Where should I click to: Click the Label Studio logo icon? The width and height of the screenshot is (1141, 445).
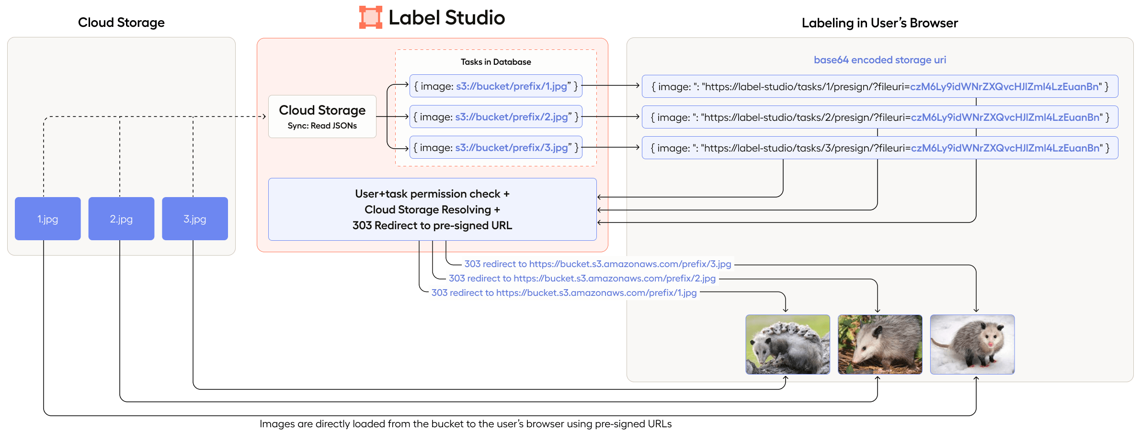coord(371,17)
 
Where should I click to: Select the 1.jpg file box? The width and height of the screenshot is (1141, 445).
coord(48,219)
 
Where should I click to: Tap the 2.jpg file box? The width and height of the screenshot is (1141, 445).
coord(121,219)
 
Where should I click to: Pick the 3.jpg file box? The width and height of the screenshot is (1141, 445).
coord(195,219)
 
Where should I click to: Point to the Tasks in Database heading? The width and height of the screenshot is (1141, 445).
coord(496,62)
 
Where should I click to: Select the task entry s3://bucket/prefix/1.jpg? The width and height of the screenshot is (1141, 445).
coord(496,86)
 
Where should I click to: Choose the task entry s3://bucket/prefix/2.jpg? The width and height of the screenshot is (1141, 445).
coord(496,117)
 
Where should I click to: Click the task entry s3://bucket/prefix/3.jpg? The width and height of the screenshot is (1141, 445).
coord(496,148)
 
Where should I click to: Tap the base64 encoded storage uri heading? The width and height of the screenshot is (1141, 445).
coord(880,60)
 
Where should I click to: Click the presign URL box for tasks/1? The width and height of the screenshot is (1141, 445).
coord(880,87)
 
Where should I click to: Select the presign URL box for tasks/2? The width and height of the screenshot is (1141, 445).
coord(880,117)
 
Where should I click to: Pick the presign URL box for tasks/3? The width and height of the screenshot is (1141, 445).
coord(880,148)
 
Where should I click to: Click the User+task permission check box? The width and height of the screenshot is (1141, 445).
coord(432,210)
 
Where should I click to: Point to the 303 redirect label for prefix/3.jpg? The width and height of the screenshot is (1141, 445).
coord(598,264)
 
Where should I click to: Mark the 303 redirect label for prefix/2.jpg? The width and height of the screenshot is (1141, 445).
coord(582,278)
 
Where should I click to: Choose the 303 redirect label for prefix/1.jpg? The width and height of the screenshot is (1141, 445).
coord(564,293)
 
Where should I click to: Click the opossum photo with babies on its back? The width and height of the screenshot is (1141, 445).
coord(787,344)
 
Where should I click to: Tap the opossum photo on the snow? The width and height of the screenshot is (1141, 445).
coord(972,344)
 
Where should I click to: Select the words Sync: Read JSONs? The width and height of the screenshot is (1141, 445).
coord(322,126)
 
